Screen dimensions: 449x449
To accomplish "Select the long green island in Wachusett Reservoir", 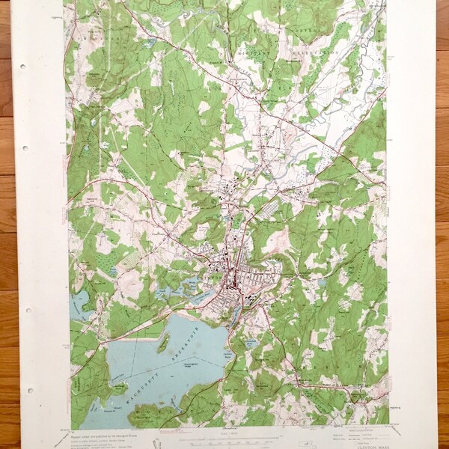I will click(162, 343).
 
